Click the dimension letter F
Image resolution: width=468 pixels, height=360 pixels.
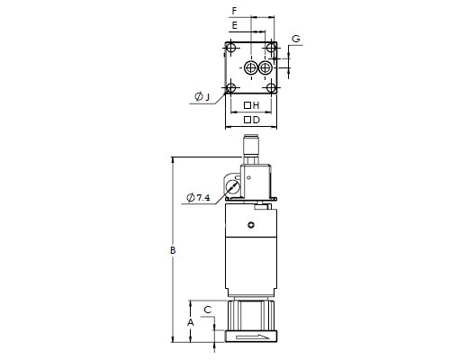tap(235, 11)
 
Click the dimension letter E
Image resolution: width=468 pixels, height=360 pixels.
tap(235, 25)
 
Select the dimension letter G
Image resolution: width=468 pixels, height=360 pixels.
tap(296, 39)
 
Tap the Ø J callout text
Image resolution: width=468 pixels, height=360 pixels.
tap(202, 96)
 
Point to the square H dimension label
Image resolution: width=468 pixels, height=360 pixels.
tap(251, 105)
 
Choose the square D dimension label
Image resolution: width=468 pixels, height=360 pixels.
tap(251, 120)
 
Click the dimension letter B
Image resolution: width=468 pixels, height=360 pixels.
tap(173, 250)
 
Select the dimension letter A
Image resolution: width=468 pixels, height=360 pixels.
tap(191, 323)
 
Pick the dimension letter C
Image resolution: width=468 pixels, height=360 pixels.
tap(208, 310)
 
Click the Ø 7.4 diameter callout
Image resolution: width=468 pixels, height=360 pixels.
tap(198, 197)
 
